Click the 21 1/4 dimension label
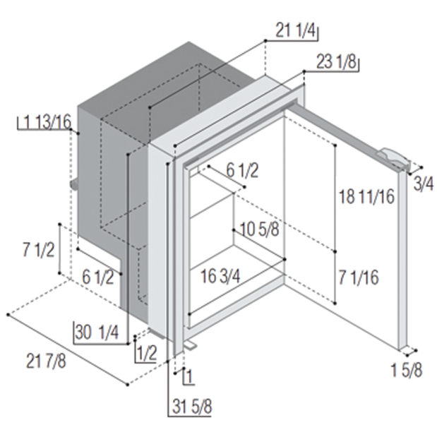click(x=296, y=30)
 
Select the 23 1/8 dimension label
click(x=337, y=61)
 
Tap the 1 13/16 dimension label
click(x=48, y=122)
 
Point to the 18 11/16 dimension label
click(x=366, y=196)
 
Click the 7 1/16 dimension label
click(x=359, y=277)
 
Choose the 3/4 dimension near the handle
click(x=424, y=184)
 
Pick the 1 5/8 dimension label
click(x=407, y=370)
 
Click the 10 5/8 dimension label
click(x=259, y=229)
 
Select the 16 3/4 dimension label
click(x=220, y=277)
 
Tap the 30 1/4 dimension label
click(x=97, y=333)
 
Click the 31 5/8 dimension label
click(x=192, y=407)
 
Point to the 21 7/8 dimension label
click(x=46, y=361)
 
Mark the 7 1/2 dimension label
click(x=38, y=250)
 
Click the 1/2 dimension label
click(x=147, y=354)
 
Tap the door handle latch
click(x=395, y=159)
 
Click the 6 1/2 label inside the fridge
click(x=242, y=171)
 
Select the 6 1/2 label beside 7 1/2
click(x=98, y=277)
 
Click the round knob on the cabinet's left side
click(x=74, y=185)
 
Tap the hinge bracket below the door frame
click(x=190, y=346)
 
